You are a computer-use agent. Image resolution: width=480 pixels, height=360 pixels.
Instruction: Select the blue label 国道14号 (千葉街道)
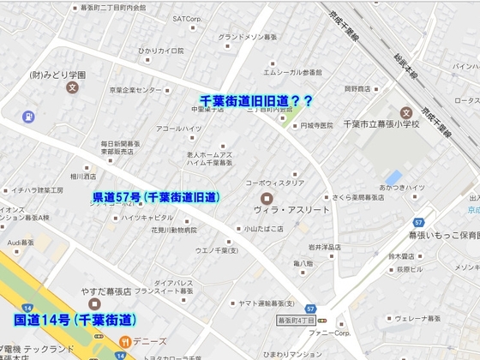tap(75, 321)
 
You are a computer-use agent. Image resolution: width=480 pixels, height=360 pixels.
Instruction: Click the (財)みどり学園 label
tap(60, 74)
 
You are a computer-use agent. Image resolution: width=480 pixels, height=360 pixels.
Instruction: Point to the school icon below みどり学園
tap(73, 87)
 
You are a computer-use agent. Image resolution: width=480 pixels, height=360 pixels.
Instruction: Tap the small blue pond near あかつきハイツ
tap(393, 177)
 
